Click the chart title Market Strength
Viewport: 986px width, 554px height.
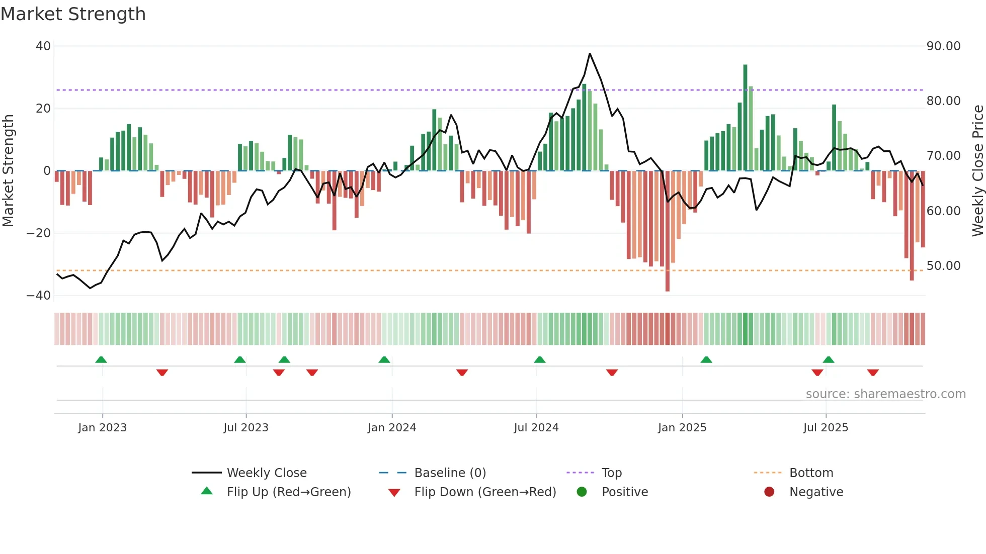[x=73, y=14]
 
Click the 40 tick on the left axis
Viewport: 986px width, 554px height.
[x=43, y=46]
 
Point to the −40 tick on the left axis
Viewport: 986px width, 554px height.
[x=39, y=296]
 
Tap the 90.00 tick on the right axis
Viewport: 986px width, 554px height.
[x=943, y=46]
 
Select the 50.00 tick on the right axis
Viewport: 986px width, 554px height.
[x=943, y=266]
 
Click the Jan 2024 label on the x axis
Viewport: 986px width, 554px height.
[x=392, y=428]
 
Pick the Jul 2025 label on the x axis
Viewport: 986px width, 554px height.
[x=826, y=428]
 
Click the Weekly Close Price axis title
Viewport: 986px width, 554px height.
[x=977, y=171]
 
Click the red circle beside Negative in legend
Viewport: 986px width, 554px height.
[x=769, y=492]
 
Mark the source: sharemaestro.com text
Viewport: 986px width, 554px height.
[x=885, y=394]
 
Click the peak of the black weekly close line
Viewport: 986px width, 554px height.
[x=590, y=54]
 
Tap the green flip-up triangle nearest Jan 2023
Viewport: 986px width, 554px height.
[x=101, y=360]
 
